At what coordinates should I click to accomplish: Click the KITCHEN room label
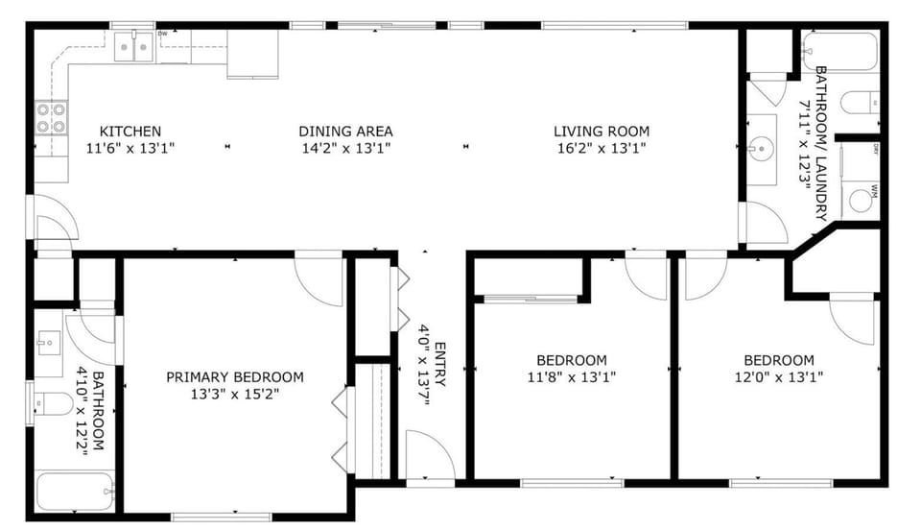tap(130, 131)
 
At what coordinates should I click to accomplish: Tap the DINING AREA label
tap(345, 131)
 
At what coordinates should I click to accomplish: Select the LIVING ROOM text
tap(602, 131)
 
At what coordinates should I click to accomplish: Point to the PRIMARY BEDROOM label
tap(235, 376)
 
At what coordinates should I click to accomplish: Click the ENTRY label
tap(440, 364)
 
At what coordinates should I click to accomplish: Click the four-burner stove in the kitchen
tap(51, 117)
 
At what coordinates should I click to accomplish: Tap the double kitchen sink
tap(134, 46)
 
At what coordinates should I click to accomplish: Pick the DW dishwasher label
tap(163, 34)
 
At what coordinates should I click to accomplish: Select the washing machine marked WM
tap(862, 200)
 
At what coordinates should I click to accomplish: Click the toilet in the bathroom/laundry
tap(860, 104)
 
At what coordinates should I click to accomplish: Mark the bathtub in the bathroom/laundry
tap(840, 52)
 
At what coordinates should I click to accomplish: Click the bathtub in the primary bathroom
tap(75, 492)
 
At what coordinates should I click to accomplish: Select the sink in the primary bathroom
tap(49, 343)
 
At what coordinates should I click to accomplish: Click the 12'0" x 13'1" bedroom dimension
tap(779, 376)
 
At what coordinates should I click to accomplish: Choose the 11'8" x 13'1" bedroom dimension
tap(572, 376)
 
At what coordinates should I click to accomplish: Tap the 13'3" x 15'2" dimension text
tap(235, 394)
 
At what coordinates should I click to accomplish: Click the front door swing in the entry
tap(431, 454)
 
